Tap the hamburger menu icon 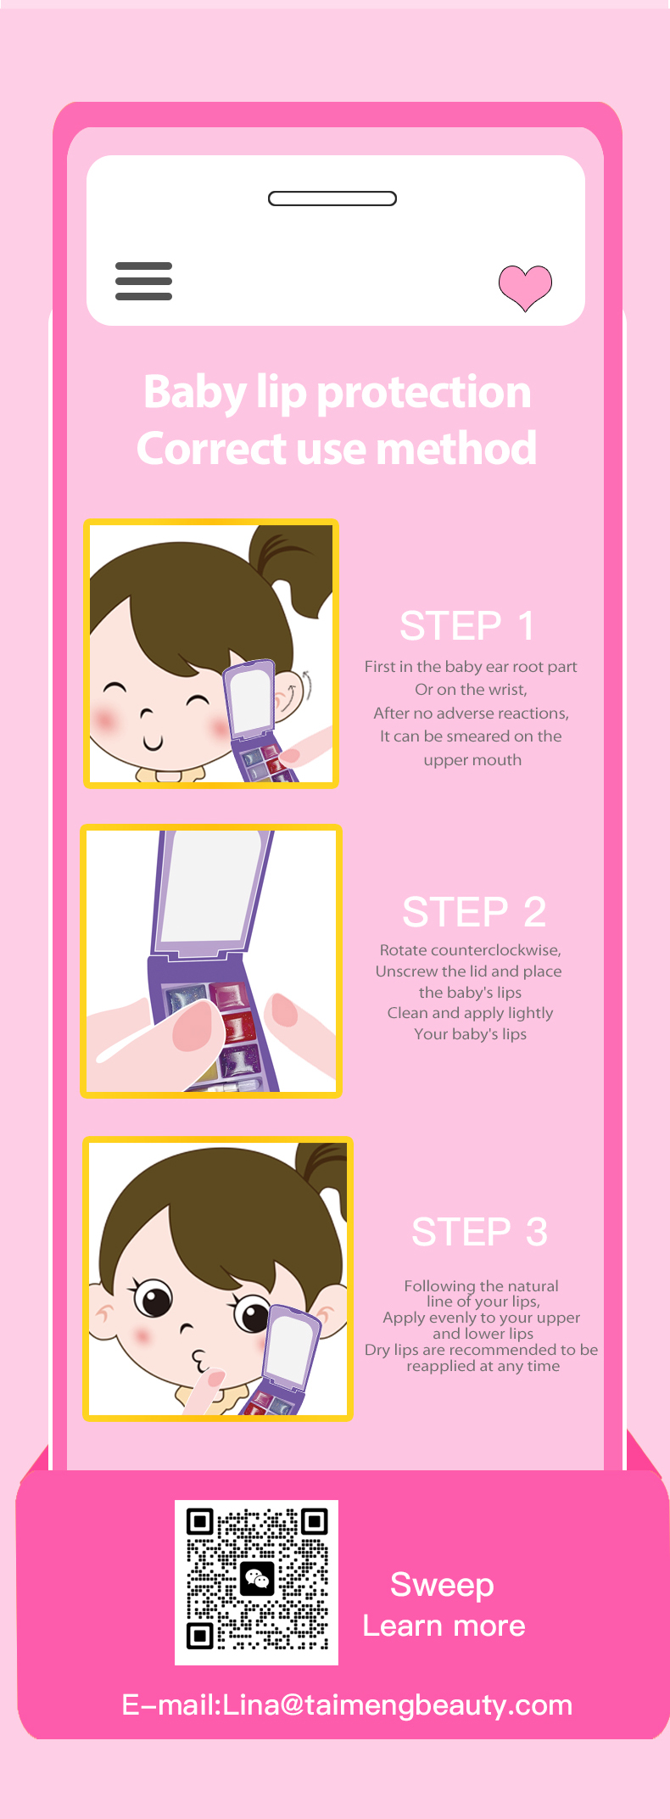(x=144, y=282)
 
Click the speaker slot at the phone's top (x=332, y=199)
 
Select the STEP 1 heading (x=467, y=626)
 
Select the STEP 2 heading (x=474, y=912)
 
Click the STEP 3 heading (x=480, y=1232)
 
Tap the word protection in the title (x=424, y=393)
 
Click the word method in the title (x=456, y=448)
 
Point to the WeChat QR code (x=256, y=1582)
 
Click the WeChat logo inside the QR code (x=257, y=1578)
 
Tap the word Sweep (x=442, y=1585)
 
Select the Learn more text (x=444, y=1626)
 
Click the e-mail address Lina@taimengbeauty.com (x=398, y=1704)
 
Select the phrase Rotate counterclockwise (x=470, y=950)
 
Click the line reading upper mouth (x=472, y=760)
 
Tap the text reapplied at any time (x=483, y=1367)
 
